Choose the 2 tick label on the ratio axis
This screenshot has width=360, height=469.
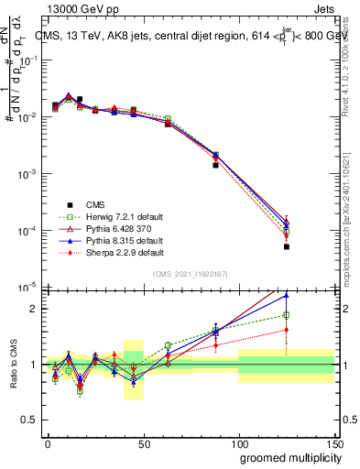(36, 309)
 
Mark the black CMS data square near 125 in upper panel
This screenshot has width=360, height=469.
(286, 246)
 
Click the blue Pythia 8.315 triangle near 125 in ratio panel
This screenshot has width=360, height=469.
(286, 295)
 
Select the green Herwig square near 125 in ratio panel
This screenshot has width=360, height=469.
(286, 315)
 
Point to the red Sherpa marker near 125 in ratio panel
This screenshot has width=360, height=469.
(286, 330)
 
